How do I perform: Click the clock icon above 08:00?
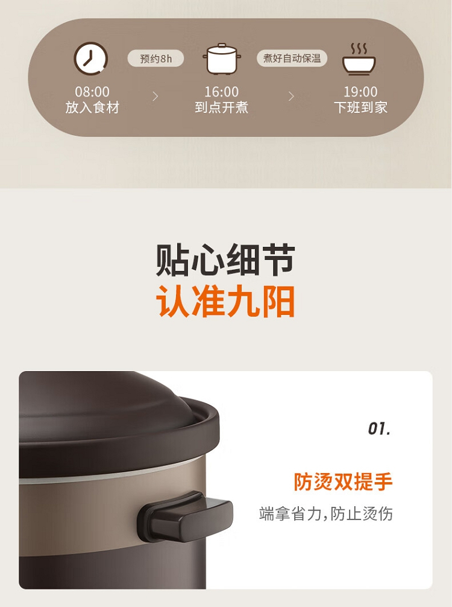pyautogui.click(x=91, y=59)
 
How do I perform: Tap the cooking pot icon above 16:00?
pyautogui.click(x=222, y=59)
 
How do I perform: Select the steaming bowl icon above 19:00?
pyautogui.click(x=359, y=59)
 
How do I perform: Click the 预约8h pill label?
pyautogui.click(x=156, y=59)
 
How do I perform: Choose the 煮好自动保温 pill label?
pyautogui.click(x=292, y=58)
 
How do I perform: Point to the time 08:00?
pyautogui.click(x=92, y=92)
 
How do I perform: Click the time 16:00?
pyautogui.click(x=222, y=92)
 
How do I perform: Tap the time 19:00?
pyautogui.click(x=360, y=92)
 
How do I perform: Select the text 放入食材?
pyautogui.click(x=92, y=107)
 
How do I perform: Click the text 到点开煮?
pyautogui.click(x=222, y=107)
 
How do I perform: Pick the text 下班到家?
pyautogui.click(x=360, y=107)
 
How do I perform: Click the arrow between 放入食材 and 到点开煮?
pyautogui.click(x=155, y=97)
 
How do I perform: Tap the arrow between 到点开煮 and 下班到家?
pyautogui.click(x=291, y=97)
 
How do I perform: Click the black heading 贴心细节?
pyautogui.click(x=225, y=260)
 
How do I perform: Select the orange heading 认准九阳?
pyautogui.click(x=225, y=302)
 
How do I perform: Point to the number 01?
pyautogui.click(x=379, y=429)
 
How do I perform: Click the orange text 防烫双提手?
pyautogui.click(x=344, y=482)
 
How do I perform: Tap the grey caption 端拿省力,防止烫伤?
pyautogui.click(x=326, y=513)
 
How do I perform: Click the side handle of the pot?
pyautogui.click(x=185, y=516)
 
